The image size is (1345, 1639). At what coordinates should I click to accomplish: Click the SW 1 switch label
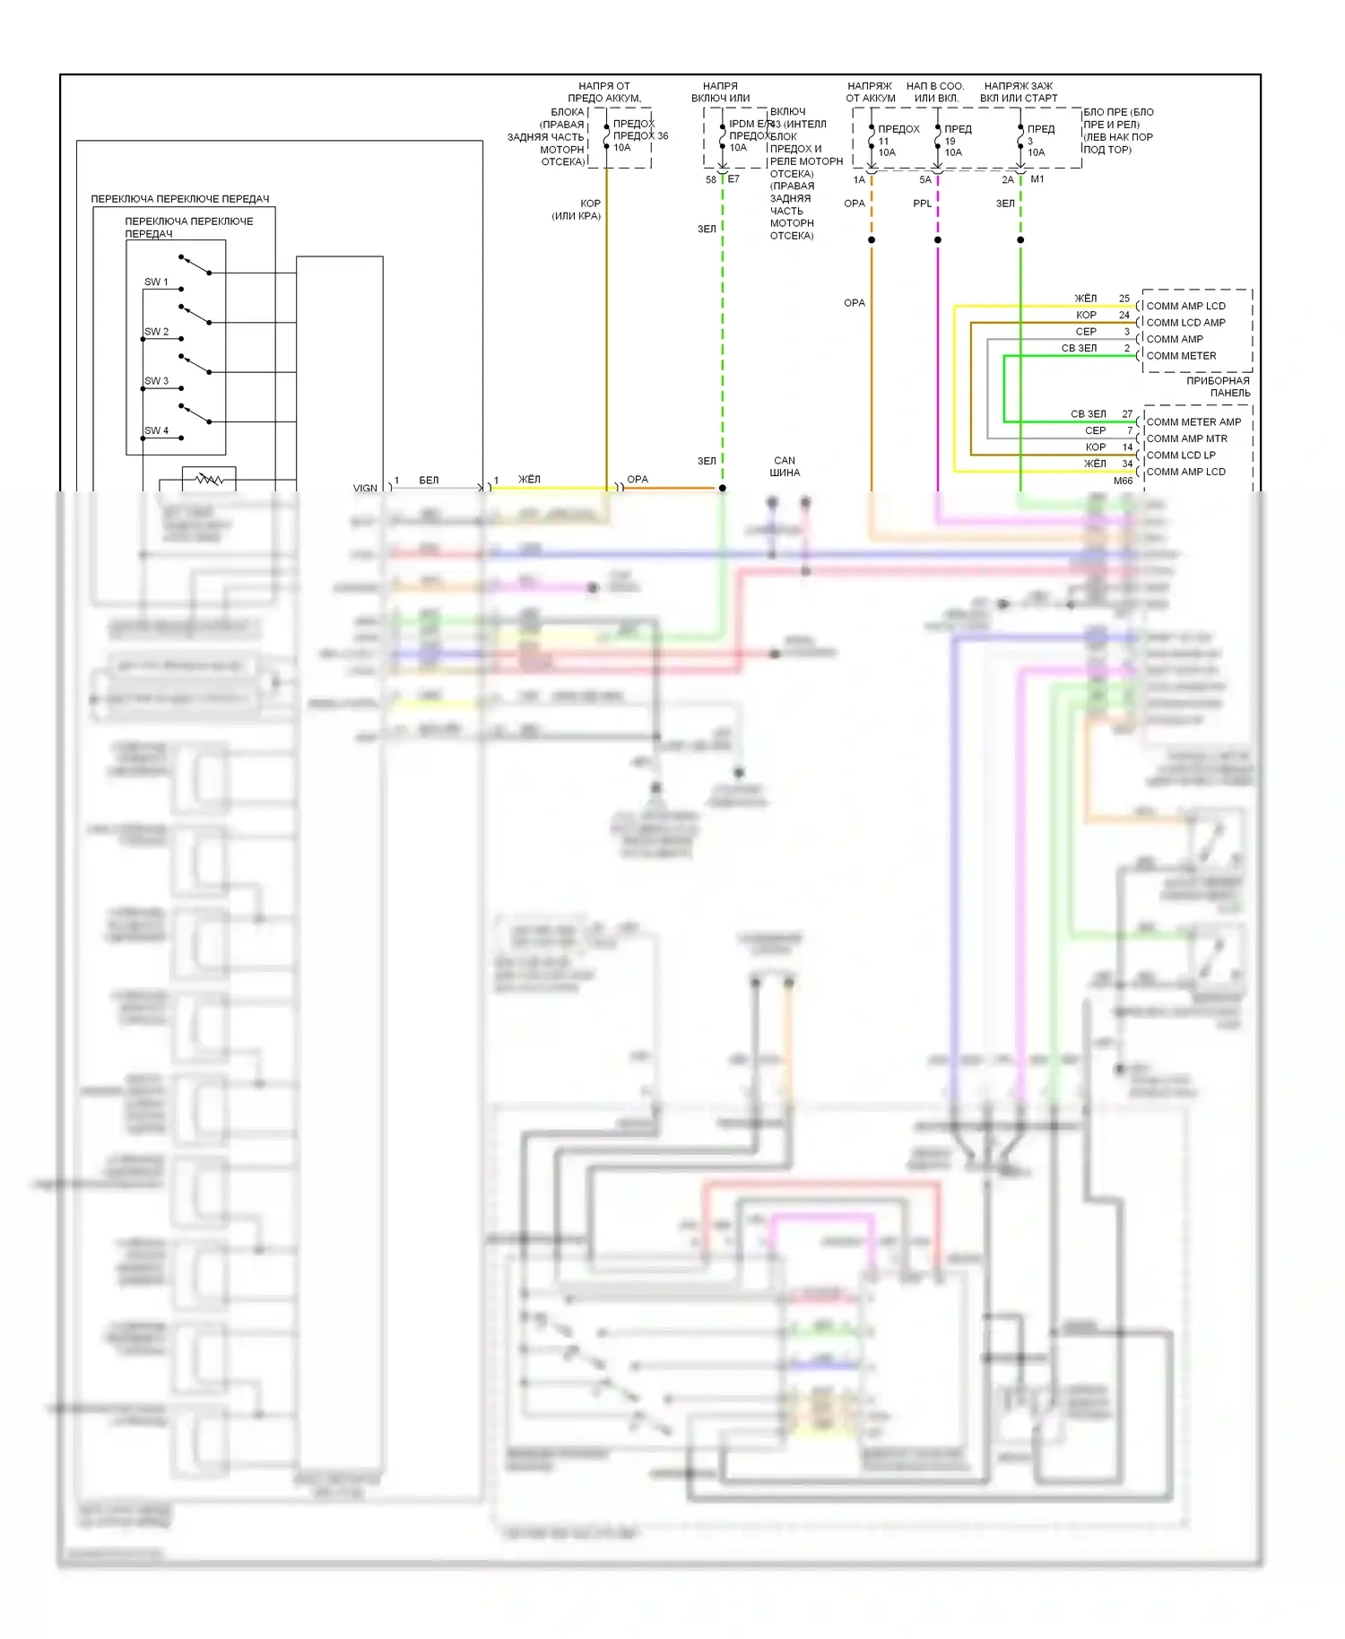[x=156, y=282]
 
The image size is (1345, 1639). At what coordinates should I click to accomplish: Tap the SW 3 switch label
[x=156, y=381]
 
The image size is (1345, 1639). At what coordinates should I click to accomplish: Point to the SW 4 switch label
[x=156, y=430]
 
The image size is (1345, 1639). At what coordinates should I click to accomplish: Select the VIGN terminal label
[x=365, y=489]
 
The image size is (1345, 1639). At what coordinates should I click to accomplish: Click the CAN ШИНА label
[x=785, y=466]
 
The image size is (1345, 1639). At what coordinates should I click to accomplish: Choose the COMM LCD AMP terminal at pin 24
[x=1185, y=323]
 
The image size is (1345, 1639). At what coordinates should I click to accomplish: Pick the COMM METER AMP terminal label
[x=1193, y=422]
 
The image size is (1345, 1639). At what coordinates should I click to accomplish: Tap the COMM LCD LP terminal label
[x=1181, y=455]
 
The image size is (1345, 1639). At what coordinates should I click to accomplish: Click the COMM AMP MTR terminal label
[x=1186, y=438]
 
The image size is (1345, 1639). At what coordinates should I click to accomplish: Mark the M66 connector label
[x=1123, y=481]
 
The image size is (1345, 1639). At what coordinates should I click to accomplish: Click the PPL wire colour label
[x=922, y=204]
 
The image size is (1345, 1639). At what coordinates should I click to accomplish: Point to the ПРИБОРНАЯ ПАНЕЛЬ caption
[x=1218, y=386]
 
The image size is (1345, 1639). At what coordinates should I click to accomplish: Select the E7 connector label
[x=733, y=179]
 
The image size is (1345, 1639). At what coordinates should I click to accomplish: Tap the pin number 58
[x=711, y=179]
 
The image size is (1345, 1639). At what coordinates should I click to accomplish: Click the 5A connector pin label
[x=925, y=179]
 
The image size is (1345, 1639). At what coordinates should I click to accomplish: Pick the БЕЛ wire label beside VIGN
[x=429, y=481]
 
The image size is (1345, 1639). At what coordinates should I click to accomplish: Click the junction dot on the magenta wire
[x=938, y=240]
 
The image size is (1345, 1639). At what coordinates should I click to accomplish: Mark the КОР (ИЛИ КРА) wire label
[x=577, y=210]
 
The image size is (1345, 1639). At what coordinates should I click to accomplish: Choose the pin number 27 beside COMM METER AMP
[x=1127, y=414]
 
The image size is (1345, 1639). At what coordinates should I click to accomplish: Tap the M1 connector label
[x=1037, y=179]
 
